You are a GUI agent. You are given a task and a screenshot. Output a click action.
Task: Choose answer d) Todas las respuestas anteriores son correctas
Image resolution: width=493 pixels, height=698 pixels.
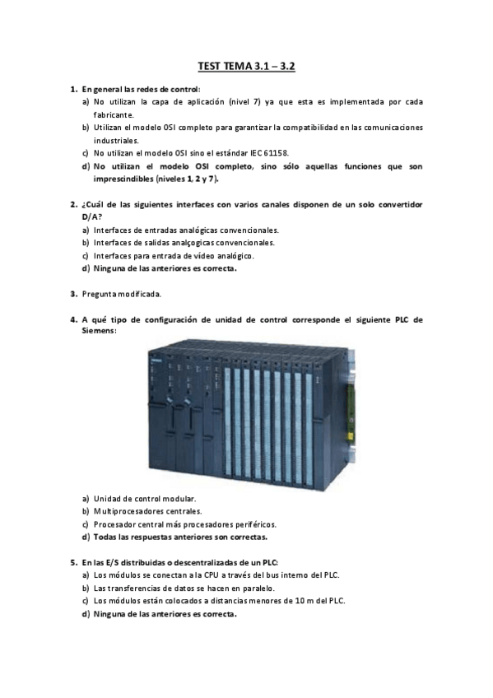[x=180, y=537]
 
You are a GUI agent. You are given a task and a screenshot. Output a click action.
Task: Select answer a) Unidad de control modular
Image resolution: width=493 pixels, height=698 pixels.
[x=145, y=499]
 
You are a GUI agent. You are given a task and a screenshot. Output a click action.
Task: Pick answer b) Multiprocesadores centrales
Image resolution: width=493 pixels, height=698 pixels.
[x=148, y=511]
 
